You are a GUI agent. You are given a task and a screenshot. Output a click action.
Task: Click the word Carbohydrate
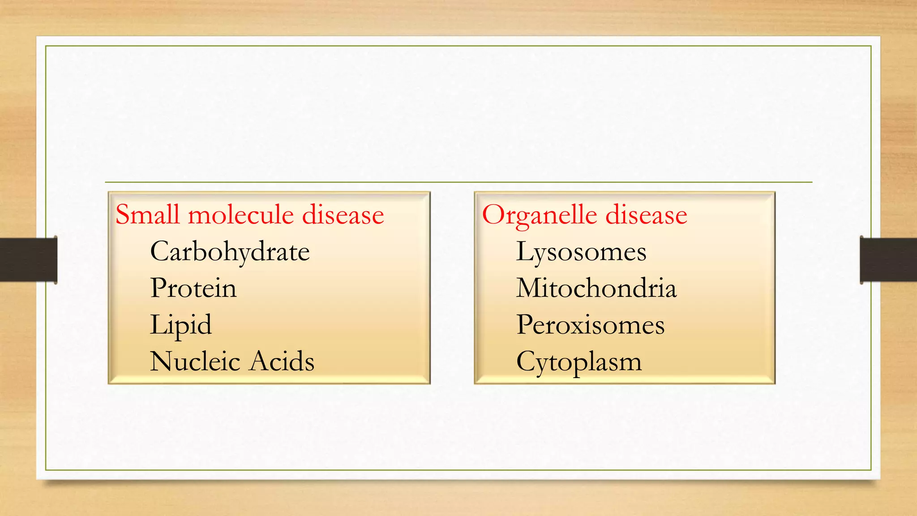[x=230, y=252]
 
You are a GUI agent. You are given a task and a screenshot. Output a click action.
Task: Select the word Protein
[x=193, y=288]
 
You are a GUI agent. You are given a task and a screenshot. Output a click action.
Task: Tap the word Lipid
[x=180, y=325]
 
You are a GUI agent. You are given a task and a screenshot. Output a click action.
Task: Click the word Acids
[x=282, y=361]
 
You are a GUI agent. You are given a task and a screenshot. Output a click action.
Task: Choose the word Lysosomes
[x=581, y=252]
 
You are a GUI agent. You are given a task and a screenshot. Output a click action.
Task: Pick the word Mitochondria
[x=596, y=288]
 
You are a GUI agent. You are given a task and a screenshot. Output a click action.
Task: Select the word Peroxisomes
[x=590, y=325]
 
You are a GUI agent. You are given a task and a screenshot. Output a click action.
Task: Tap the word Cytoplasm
[x=578, y=362]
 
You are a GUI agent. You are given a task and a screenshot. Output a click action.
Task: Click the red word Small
[x=147, y=215]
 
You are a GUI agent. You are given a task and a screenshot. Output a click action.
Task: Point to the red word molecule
[x=240, y=215]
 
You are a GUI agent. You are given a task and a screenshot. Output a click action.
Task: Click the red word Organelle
[x=540, y=215]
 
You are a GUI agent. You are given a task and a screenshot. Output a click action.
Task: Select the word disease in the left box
[x=343, y=215]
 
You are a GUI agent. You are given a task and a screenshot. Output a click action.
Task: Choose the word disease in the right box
[x=646, y=215]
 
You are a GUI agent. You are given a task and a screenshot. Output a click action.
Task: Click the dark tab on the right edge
[x=888, y=260]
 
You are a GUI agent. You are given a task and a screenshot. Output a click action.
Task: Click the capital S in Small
[x=123, y=215]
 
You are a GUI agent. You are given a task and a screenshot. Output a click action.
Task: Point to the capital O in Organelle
[x=493, y=215]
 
